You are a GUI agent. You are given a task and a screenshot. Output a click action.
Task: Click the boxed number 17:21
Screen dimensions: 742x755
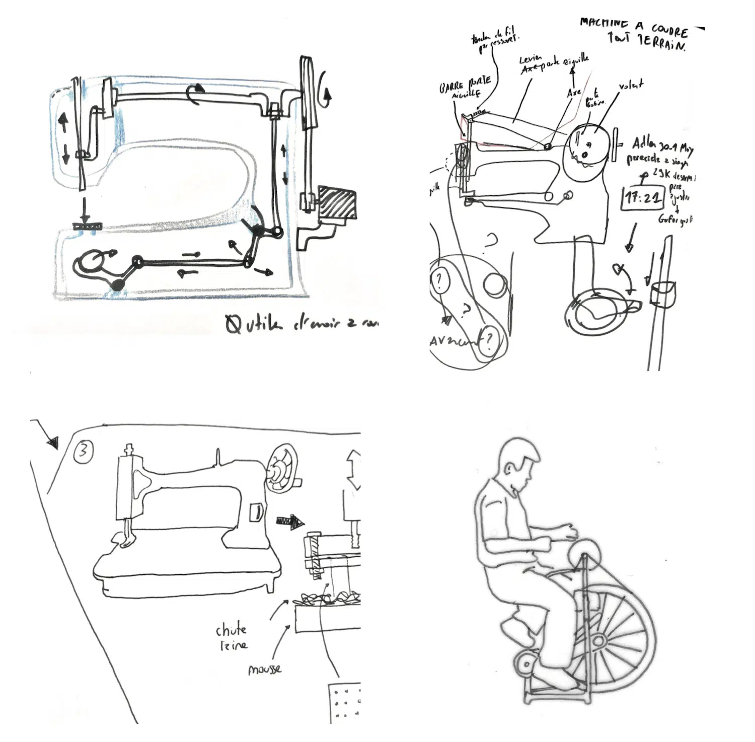click(x=643, y=197)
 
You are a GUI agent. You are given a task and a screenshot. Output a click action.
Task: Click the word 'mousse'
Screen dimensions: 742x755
click(x=264, y=670)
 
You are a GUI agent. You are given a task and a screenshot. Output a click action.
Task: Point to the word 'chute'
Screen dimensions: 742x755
click(x=231, y=630)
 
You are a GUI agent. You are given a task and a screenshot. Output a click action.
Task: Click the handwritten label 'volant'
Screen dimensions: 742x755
click(x=631, y=86)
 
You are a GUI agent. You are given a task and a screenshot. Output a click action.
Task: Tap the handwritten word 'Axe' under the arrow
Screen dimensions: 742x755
click(x=574, y=93)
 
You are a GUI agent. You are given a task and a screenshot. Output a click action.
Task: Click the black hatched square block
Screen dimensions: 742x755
click(x=337, y=203)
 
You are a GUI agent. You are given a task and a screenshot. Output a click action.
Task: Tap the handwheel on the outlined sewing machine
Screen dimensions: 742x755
click(x=282, y=468)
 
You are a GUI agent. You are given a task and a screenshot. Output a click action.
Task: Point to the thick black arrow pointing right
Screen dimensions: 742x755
click(x=290, y=522)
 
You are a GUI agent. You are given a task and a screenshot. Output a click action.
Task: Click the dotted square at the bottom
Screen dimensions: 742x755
click(x=345, y=703)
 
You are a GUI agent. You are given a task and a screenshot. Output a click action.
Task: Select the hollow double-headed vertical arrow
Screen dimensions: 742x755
click(x=354, y=469)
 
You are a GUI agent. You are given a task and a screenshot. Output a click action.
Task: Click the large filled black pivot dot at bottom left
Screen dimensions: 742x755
click(x=117, y=285)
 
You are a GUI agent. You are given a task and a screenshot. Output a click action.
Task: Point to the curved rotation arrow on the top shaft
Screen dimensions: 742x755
click(x=195, y=94)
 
